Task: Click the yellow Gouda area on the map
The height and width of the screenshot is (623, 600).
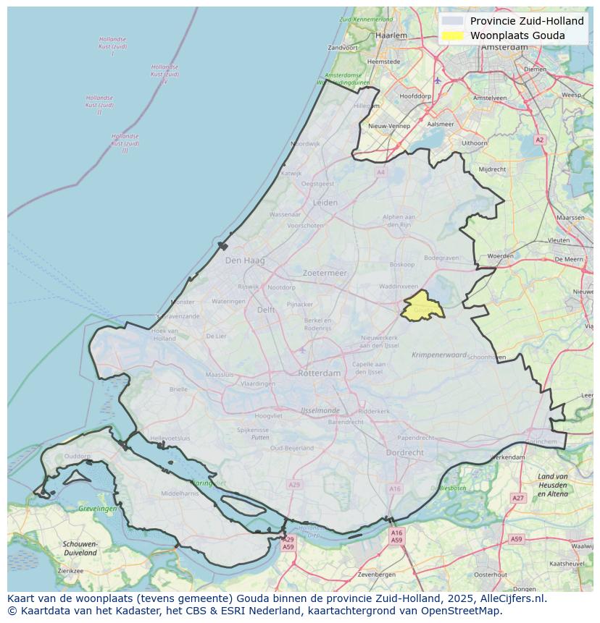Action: pyautogui.click(x=422, y=307)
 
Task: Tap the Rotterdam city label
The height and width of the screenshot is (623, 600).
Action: pyautogui.click(x=319, y=373)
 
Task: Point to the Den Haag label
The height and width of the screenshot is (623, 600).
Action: pyautogui.click(x=245, y=260)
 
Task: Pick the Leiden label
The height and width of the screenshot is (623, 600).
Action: pyautogui.click(x=325, y=203)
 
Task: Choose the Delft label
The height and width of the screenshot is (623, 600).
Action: pyautogui.click(x=266, y=310)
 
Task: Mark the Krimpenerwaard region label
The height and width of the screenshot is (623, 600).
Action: pyautogui.click(x=440, y=355)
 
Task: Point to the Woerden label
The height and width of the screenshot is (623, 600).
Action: pyautogui.click(x=500, y=256)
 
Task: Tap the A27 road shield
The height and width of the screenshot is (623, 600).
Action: pyautogui.click(x=517, y=498)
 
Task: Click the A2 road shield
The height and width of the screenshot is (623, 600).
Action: pyautogui.click(x=539, y=140)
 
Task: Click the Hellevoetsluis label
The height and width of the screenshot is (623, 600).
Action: pyautogui.click(x=170, y=438)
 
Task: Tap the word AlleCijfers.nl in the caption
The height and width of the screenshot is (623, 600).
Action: pyautogui.click(x=513, y=598)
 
